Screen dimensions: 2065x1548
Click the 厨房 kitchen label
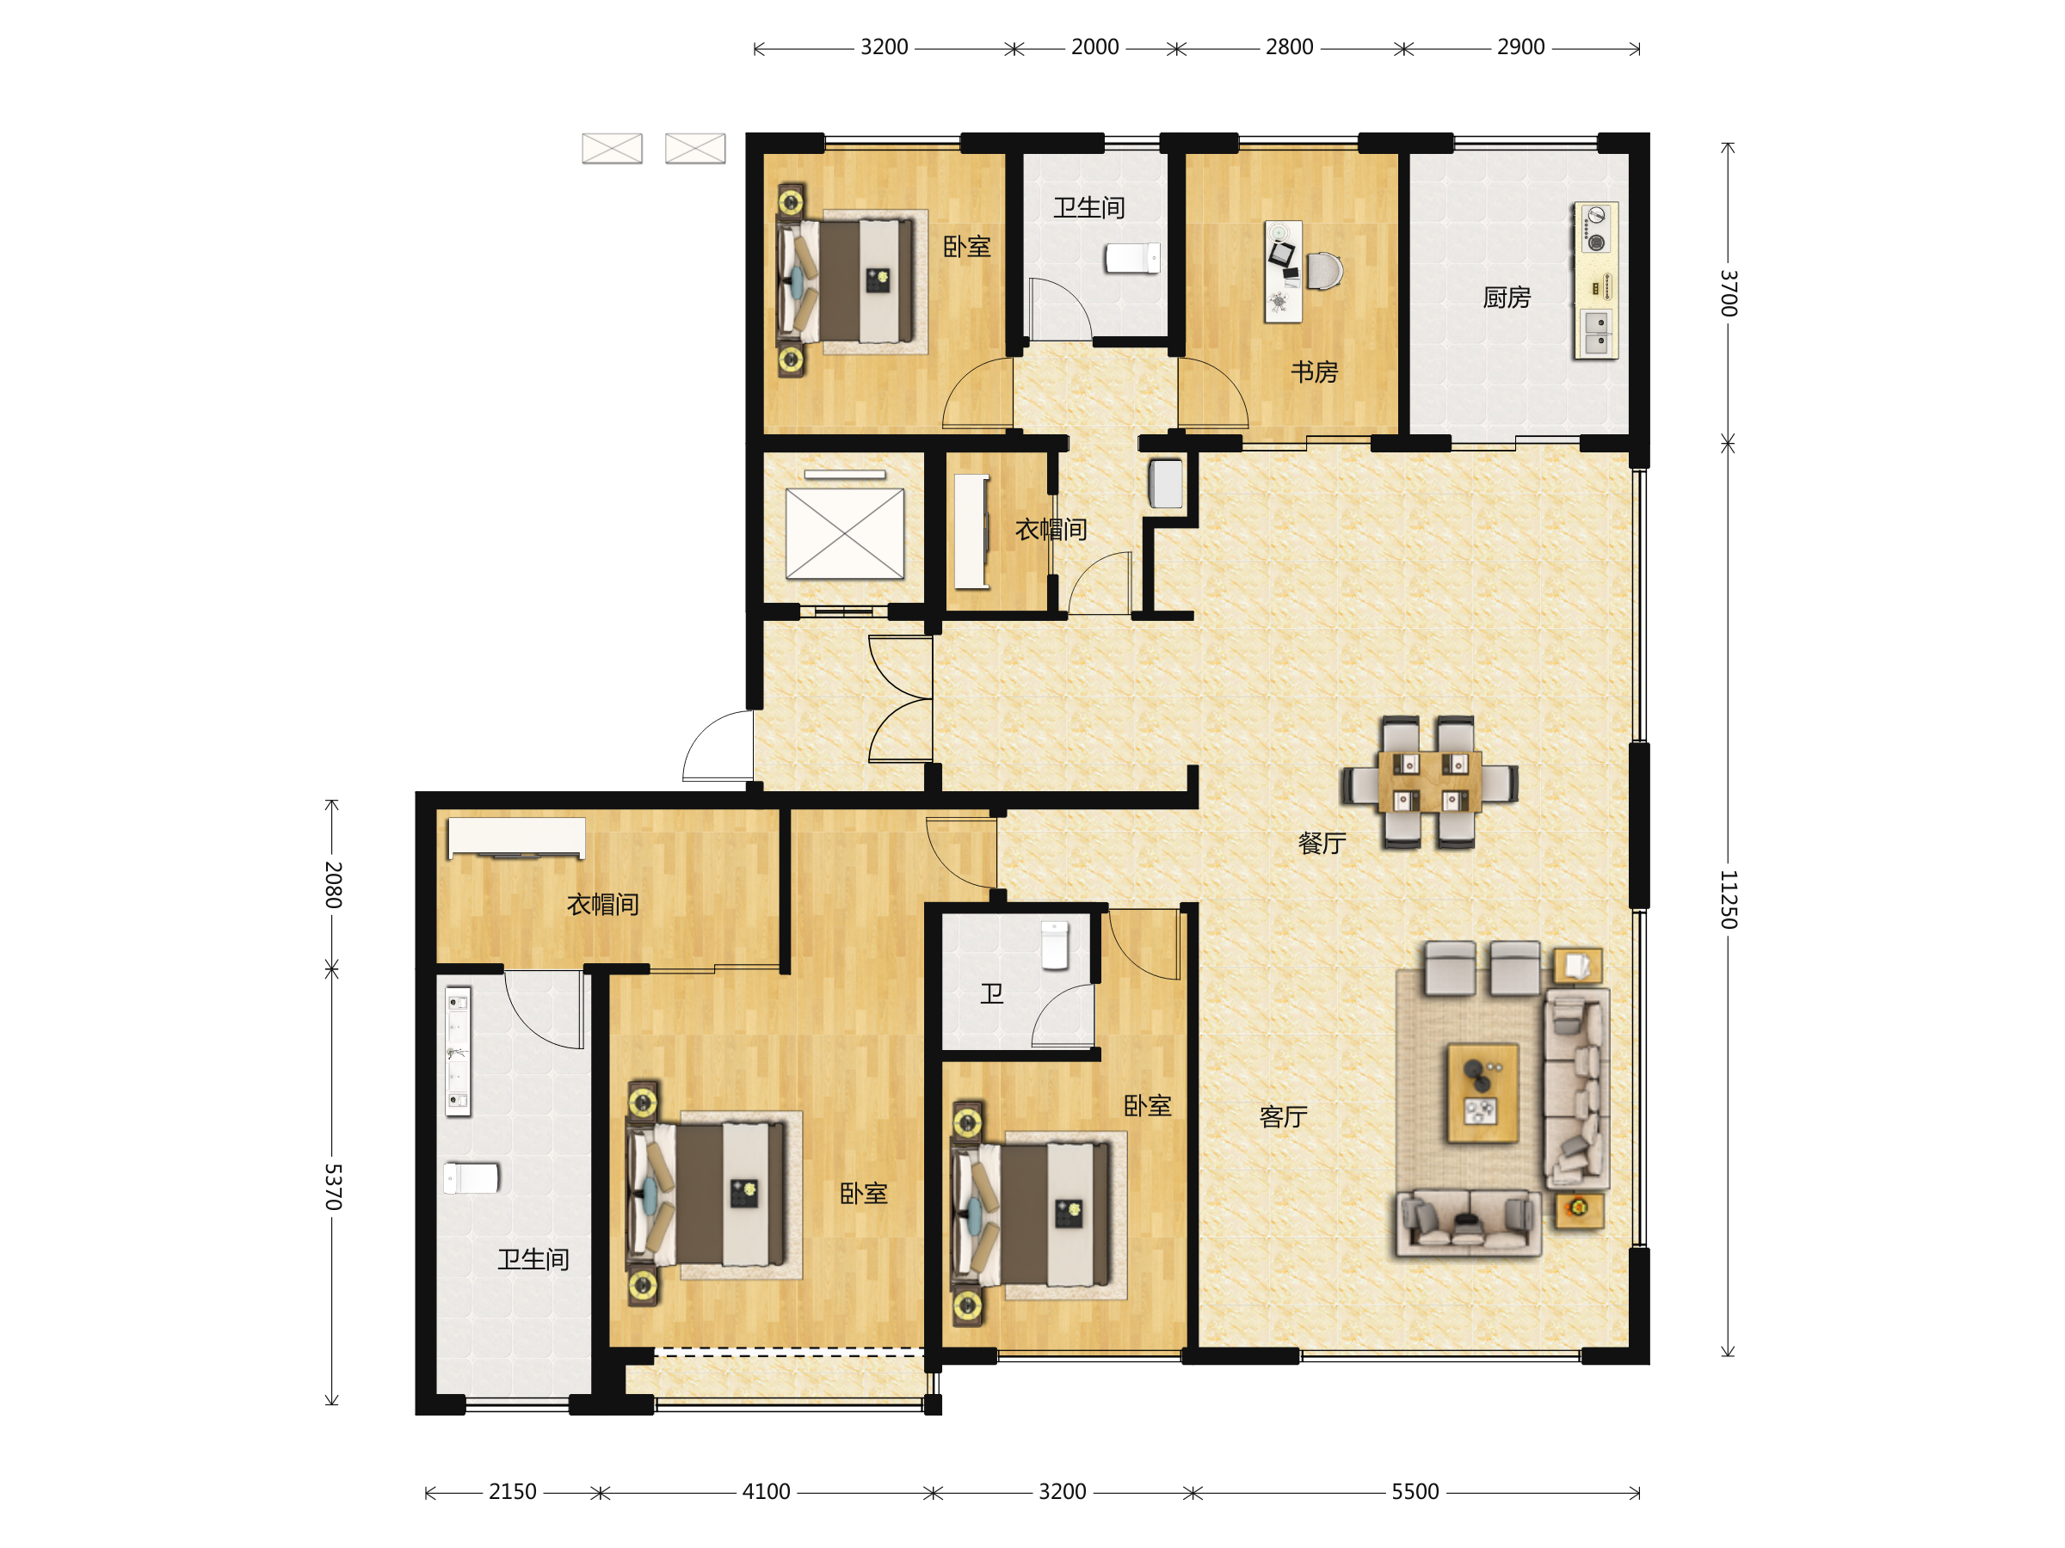[1507, 298]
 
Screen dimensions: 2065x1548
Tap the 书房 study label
[1315, 372]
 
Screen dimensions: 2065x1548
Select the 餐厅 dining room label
[1322, 844]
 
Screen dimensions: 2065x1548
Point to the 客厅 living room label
[1284, 1117]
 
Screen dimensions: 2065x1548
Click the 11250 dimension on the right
[1728, 900]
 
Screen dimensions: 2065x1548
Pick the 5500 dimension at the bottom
[1415, 1492]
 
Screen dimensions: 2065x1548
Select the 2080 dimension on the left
[333, 885]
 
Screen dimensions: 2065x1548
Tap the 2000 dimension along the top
[1095, 46]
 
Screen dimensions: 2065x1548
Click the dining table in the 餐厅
[1429, 782]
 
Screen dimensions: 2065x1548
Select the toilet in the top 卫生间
[1132, 259]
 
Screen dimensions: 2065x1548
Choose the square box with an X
[845, 534]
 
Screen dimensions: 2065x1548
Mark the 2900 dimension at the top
[1520, 46]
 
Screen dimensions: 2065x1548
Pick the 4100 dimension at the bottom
[767, 1492]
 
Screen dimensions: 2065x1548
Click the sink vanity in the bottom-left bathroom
[458, 1052]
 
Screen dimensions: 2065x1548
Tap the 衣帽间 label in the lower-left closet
[603, 904]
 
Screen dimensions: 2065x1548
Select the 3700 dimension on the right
[1728, 293]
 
